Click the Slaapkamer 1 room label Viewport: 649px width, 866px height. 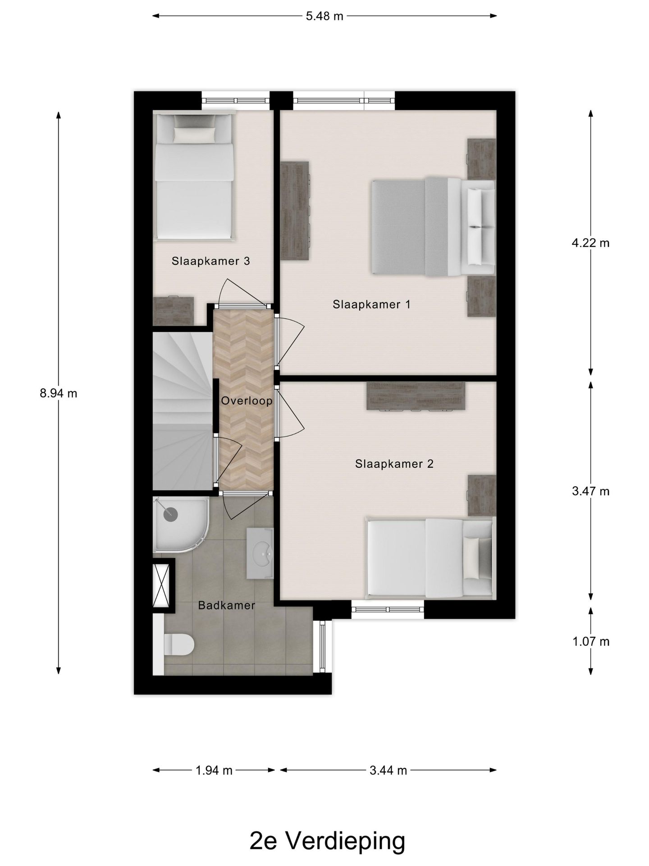pyautogui.click(x=371, y=304)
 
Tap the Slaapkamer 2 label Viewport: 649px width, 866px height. pyautogui.click(x=394, y=464)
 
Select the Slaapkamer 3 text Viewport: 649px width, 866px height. pyautogui.click(x=210, y=261)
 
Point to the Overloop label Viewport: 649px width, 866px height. pyautogui.click(x=247, y=401)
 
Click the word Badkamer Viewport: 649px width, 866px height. pyautogui.click(x=227, y=605)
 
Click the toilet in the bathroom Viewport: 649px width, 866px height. pyautogui.click(x=179, y=644)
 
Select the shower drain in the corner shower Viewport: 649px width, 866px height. pyautogui.click(x=171, y=514)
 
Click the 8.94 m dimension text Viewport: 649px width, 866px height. pyautogui.click(x=59, y=393)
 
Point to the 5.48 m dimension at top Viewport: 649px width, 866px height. pyautogui.click(x=324, y=16)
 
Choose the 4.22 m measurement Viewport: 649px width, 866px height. pyautogui.click(x=590, y=243)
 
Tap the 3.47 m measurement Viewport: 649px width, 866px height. pyautogui.click(x=590, y=491)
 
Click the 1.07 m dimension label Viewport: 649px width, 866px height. pyautogui.click(x=590, y=641)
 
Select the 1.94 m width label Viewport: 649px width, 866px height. pyautogui.click(x=214, y=770)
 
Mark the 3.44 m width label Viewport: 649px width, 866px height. pyautogui.click(x=388, y=770)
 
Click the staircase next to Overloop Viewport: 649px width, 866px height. pyautogui.click(x=182, y=410)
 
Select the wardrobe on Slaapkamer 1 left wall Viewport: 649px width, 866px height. pyautogui.click(x=295, y=211)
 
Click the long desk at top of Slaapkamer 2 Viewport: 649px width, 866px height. pyautogui.click(x=415, y=396)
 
